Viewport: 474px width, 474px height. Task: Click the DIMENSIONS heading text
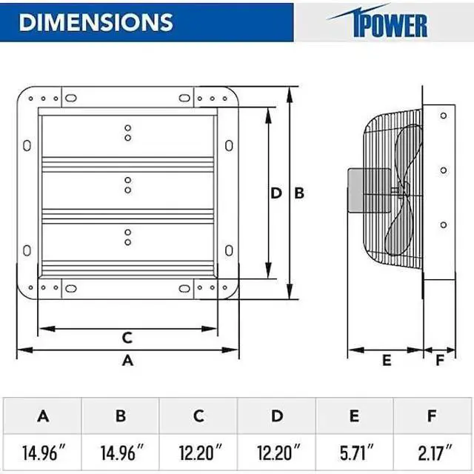click(x=96, y=21)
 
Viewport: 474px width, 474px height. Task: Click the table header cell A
click(x=43, y=416)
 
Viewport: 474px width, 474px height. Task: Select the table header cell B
click(x=121, y=416)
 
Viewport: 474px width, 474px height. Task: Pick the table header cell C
click(x=198, y=416)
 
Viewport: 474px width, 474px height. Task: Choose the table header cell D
click(x=277, y=416)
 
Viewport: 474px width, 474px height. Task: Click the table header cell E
click(x=355, y=416)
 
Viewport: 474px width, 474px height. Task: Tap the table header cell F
click(x=433, y=416)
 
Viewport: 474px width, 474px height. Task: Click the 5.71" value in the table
click(x=355, y=450)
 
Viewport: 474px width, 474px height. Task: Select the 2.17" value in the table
click(x=433, y=450)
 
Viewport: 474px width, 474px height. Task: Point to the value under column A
click(x=43, y=450)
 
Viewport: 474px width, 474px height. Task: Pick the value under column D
click(x=277, y=450)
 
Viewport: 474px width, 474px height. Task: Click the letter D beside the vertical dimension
click(x=276, y=193)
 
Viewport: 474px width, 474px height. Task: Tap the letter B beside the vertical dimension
click(x=299, y=193)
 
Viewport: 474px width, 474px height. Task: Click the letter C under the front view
click(x=127, y=338)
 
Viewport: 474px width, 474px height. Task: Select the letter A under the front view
click(x=127, y=361)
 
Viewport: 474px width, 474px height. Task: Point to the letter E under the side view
click(x=386, y=361)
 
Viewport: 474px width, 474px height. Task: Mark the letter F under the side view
click(x=440, y=361)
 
